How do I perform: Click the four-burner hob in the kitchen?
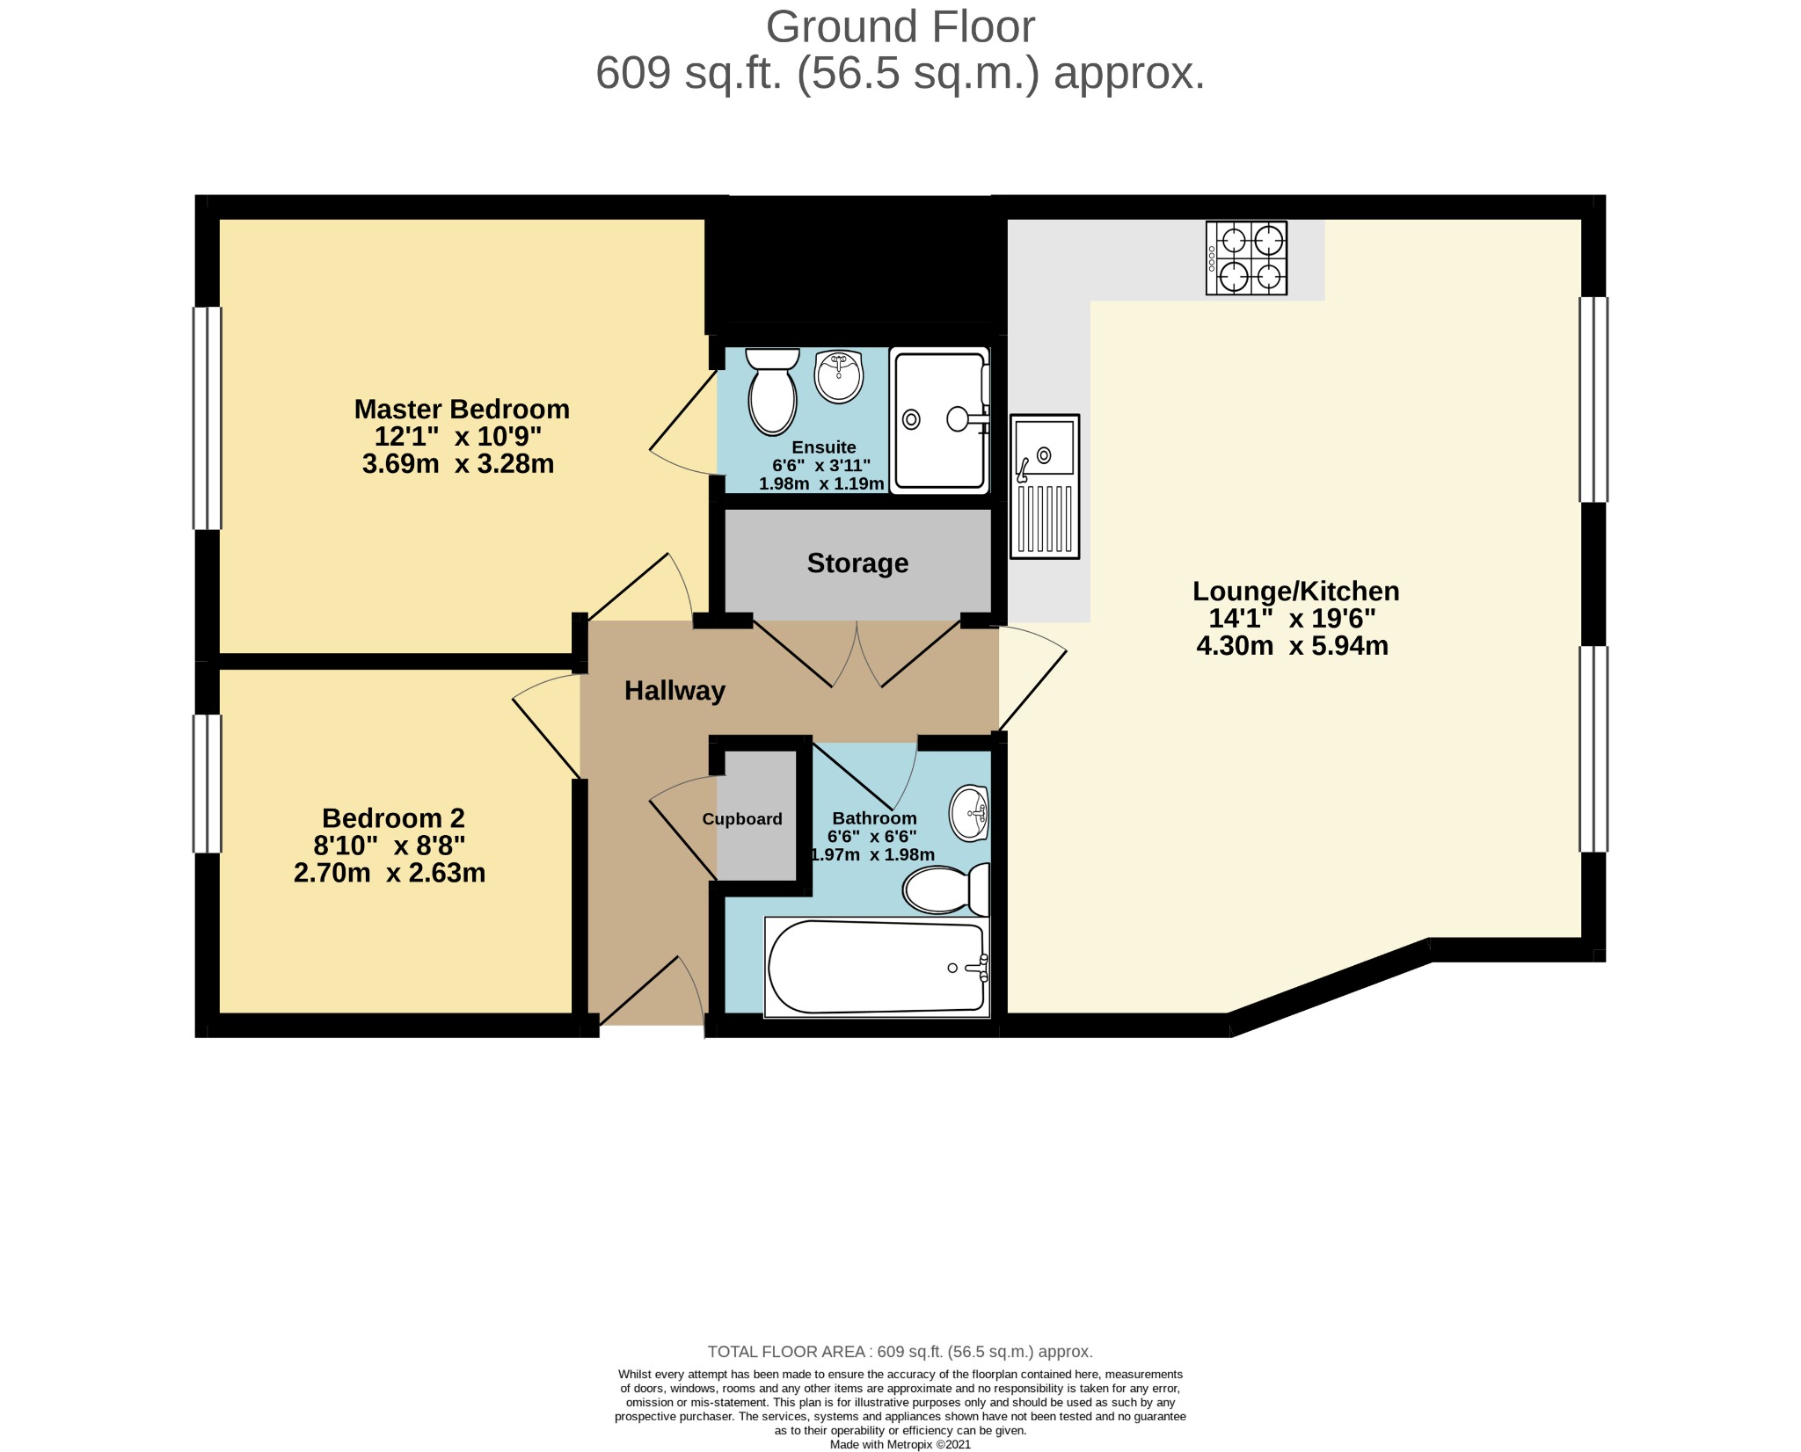coord(1246,258)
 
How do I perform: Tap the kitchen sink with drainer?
coord(1045,486)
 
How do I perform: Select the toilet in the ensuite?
coord(772,391)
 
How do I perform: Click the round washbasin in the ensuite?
coord(839,376)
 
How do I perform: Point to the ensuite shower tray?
coord(939,420)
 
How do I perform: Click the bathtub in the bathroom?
coord(878,968)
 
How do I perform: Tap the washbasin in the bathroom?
coord(970,813)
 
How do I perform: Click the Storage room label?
coord(857,563)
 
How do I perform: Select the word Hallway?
coord(674,691)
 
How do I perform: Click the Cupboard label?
coord(742,819)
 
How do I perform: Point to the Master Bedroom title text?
coord(462,410)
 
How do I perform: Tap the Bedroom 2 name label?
coord(393,818)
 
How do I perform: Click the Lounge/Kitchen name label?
coord(1295,592)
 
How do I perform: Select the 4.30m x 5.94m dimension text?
coord(1292,646)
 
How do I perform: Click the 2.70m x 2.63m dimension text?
coord(390,873)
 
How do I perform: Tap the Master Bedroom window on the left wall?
coord(208,418)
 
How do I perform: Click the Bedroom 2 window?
coord(208,783)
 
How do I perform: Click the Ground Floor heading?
coord(900,27)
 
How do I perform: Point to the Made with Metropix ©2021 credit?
coord(900,1444)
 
